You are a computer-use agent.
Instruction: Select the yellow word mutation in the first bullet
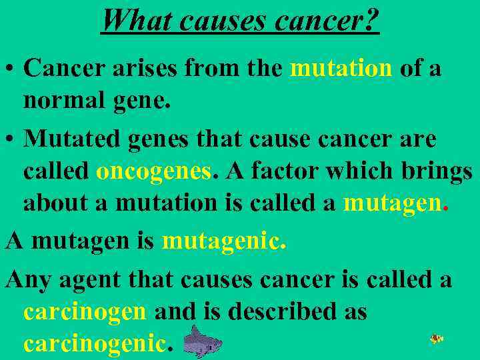[341, 69]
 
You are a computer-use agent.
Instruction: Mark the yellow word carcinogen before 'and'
[85, 312]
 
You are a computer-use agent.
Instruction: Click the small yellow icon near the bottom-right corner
[437, 339]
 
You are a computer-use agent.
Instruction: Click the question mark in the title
[371, 20]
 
